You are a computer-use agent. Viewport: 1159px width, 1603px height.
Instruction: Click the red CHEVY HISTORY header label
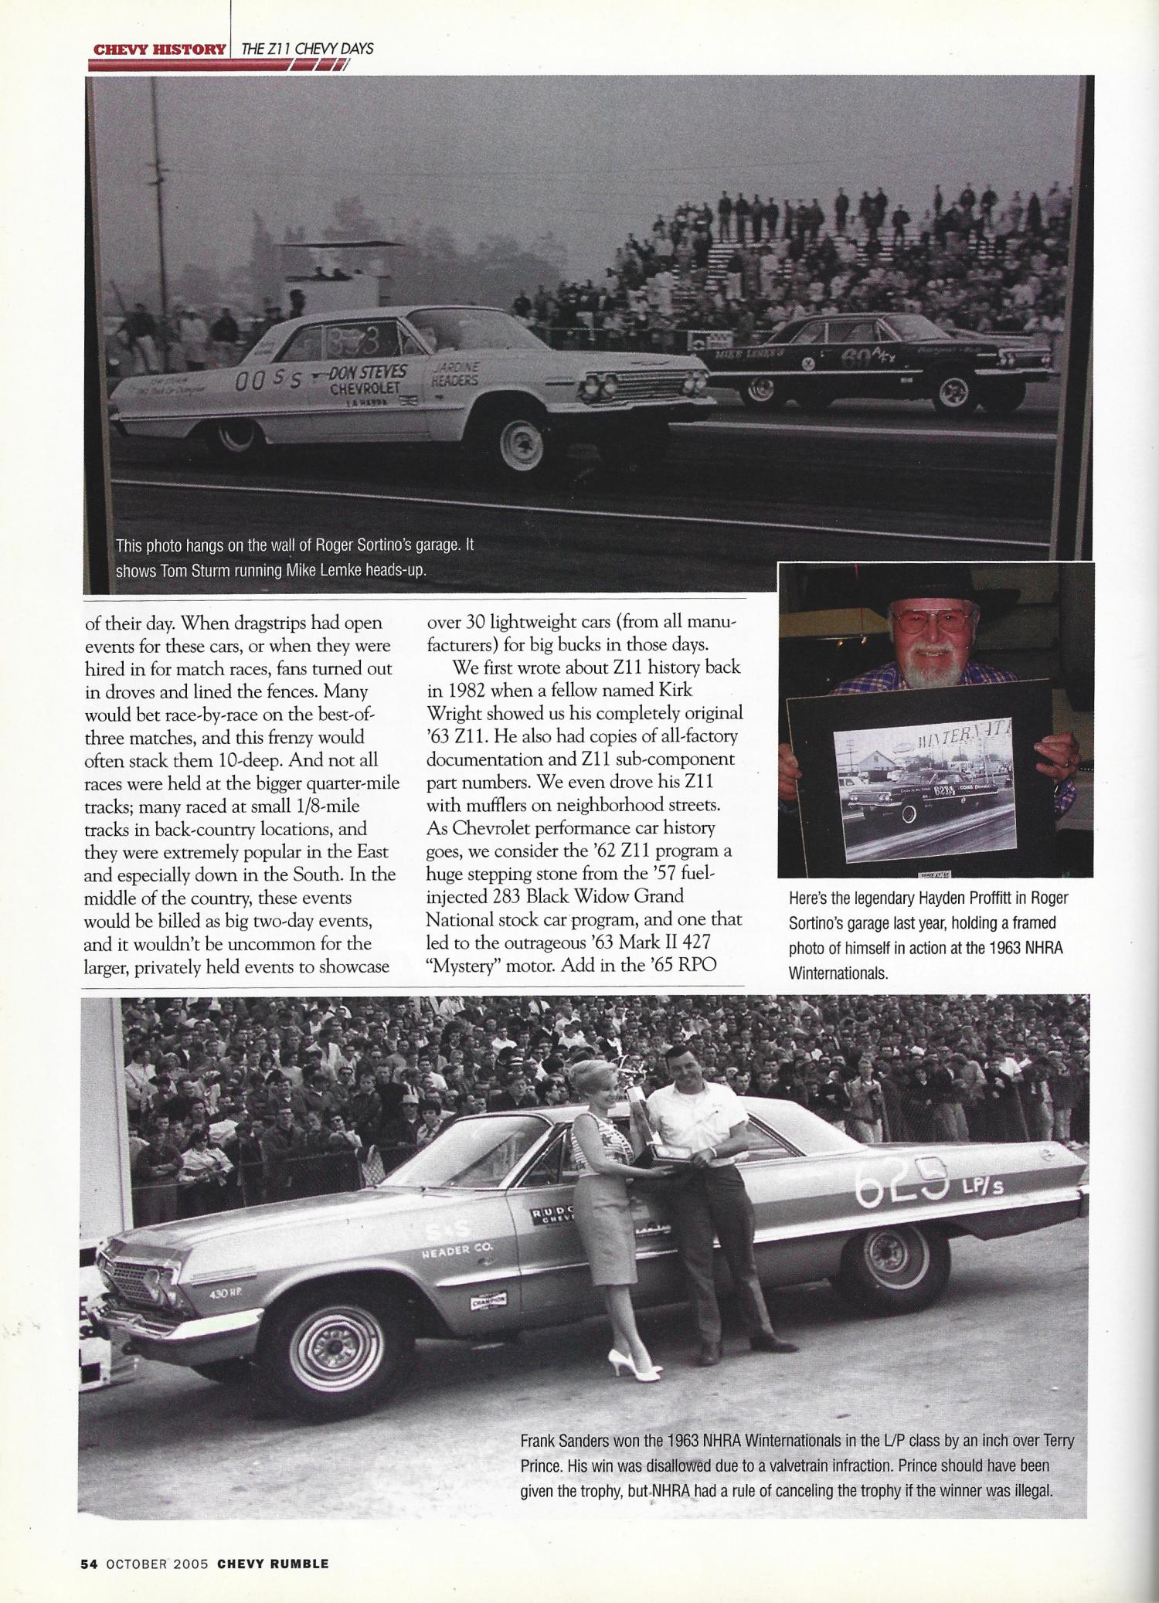tap(158, 49)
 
